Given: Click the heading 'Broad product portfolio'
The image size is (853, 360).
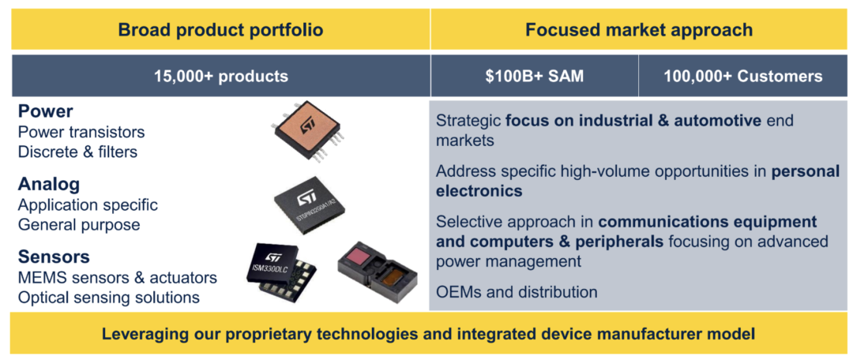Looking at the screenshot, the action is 220,30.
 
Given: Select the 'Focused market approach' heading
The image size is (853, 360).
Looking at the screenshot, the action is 639,30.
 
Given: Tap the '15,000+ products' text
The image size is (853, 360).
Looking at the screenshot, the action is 220,76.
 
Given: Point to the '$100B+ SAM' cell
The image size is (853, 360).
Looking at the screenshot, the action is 534,76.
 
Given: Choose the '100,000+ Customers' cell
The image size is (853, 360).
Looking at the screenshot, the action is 743,76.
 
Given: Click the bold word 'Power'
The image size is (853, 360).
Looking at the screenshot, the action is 45,111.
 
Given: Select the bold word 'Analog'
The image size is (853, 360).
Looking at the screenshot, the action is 49,185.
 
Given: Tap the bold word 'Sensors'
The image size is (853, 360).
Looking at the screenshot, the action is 54,257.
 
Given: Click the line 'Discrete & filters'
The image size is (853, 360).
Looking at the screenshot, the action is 77,152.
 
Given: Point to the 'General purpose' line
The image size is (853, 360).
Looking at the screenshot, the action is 79,224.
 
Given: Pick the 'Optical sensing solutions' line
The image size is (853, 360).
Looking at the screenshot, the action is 109,298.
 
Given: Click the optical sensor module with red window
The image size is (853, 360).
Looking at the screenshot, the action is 378,271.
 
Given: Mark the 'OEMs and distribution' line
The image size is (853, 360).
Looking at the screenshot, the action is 517,292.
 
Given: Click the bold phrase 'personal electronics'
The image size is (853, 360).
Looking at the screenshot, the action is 637,182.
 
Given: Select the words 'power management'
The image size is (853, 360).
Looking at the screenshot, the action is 509,261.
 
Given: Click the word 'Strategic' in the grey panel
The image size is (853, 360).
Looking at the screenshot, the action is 468,121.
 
